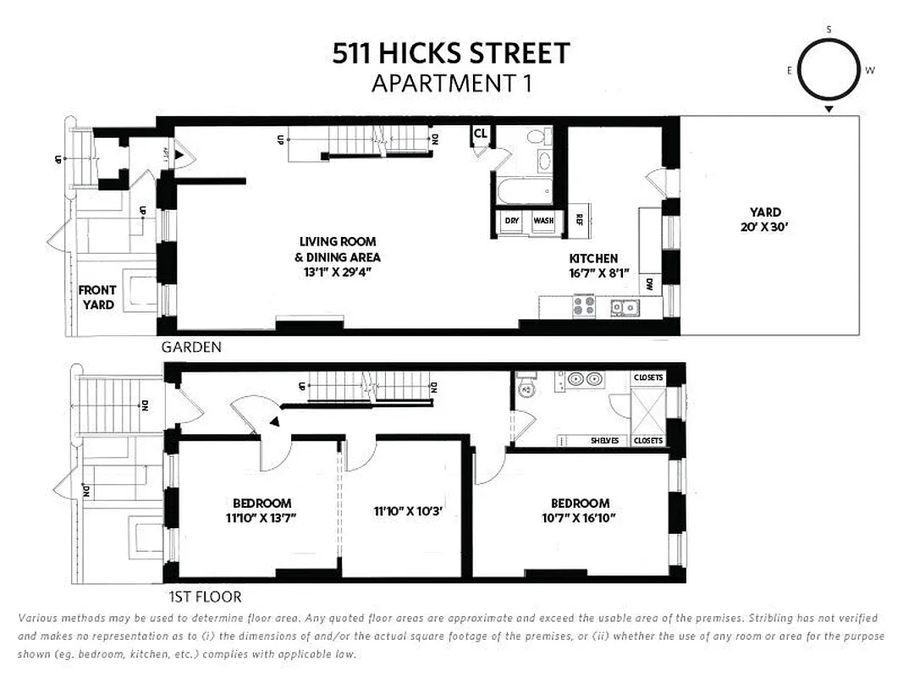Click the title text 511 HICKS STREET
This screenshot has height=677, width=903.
pos(450,54)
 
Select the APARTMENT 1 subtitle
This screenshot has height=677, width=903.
pos(450,84)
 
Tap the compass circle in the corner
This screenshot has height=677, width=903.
pos(829,71)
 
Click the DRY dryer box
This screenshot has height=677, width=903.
pos(512,221)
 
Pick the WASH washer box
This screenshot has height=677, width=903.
pos(542,221)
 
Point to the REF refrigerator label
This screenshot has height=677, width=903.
pos(580,219)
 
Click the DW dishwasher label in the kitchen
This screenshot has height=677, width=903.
pos(649,284)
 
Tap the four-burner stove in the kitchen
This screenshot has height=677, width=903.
pos(585,305)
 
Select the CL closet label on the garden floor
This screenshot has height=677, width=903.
pos(481,133)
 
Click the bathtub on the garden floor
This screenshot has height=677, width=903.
pos(524,191)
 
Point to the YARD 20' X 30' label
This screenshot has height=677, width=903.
pos(765,219)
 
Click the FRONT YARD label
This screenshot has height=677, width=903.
pos(97,297)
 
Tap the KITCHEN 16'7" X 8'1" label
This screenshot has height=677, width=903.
pos(592,266)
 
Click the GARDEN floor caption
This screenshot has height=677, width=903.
pos(192,347)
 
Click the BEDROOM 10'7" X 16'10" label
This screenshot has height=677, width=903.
pos(580,510)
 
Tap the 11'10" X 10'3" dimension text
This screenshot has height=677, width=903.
pos(409,511)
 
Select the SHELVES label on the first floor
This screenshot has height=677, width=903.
pos(604,441)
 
